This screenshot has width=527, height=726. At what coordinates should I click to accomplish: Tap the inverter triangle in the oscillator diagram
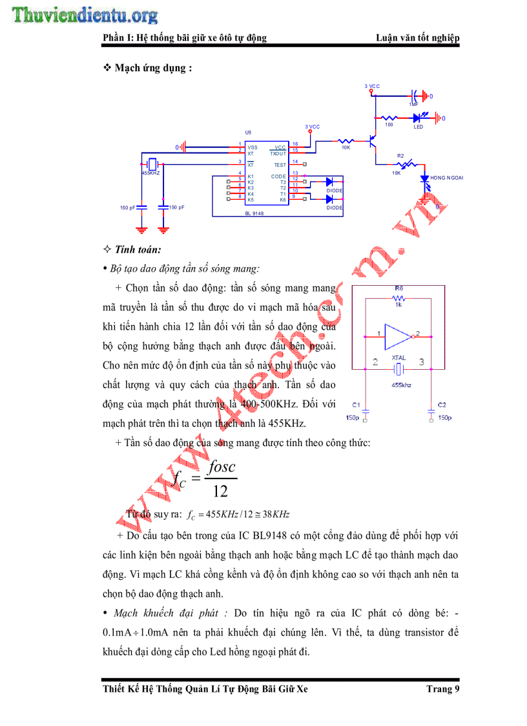398,335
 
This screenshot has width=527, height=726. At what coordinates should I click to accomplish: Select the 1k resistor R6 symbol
398,299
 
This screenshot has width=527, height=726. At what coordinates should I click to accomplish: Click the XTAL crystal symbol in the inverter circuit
398,369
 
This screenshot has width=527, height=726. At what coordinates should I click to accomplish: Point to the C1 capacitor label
356,404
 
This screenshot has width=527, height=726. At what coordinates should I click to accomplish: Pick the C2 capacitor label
442,404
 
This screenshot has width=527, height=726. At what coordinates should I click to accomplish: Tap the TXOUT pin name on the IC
278,153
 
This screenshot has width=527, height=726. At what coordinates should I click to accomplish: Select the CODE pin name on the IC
278,176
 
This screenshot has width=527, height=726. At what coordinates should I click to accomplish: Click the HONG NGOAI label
447,177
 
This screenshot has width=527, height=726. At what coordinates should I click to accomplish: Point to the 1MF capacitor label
413,104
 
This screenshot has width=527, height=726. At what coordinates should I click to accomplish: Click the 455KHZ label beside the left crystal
150,173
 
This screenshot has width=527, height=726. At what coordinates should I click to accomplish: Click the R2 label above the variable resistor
400,156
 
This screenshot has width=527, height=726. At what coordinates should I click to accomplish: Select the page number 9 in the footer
457,689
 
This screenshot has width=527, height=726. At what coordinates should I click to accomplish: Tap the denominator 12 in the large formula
220,491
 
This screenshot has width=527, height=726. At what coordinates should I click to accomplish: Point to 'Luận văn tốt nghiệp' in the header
418,38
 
